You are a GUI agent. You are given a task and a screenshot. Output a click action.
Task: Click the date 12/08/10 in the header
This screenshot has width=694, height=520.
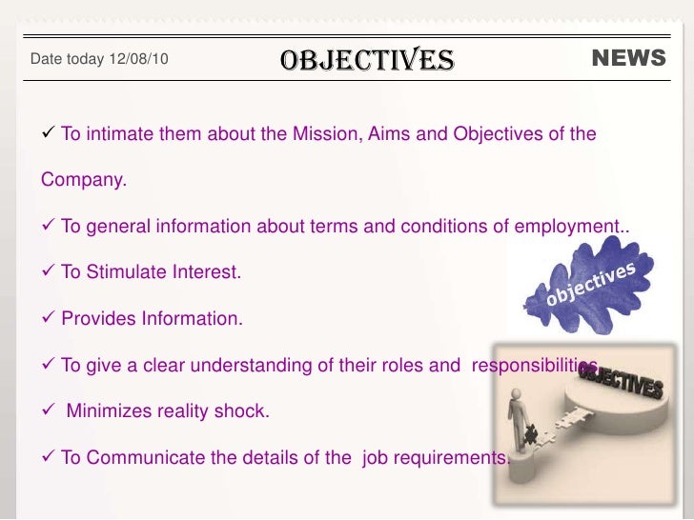pyautogui.click(x=139, y=59)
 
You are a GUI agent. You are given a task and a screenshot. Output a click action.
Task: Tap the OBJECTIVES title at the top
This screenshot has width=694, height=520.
pyautogui.click(x=367, y=59)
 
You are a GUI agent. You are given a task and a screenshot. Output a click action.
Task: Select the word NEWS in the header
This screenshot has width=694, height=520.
pyautogui.click(x=628, y=58)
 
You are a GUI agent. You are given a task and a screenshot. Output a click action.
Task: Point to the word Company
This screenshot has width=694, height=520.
pyautogui.click(x=83, y=179)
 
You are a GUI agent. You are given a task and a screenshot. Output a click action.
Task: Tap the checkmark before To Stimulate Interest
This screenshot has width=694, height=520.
pyautogui.click(x=50, y=271)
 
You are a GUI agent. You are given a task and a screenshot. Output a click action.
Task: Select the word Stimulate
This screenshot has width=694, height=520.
pyautogui.click(x=126, y=272)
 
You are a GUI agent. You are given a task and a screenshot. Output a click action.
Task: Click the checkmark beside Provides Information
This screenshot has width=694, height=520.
pyautogui.click(x=50, y=318)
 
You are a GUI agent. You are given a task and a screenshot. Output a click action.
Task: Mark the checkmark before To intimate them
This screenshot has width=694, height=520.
pyautogui.click(x=50, y=133)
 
